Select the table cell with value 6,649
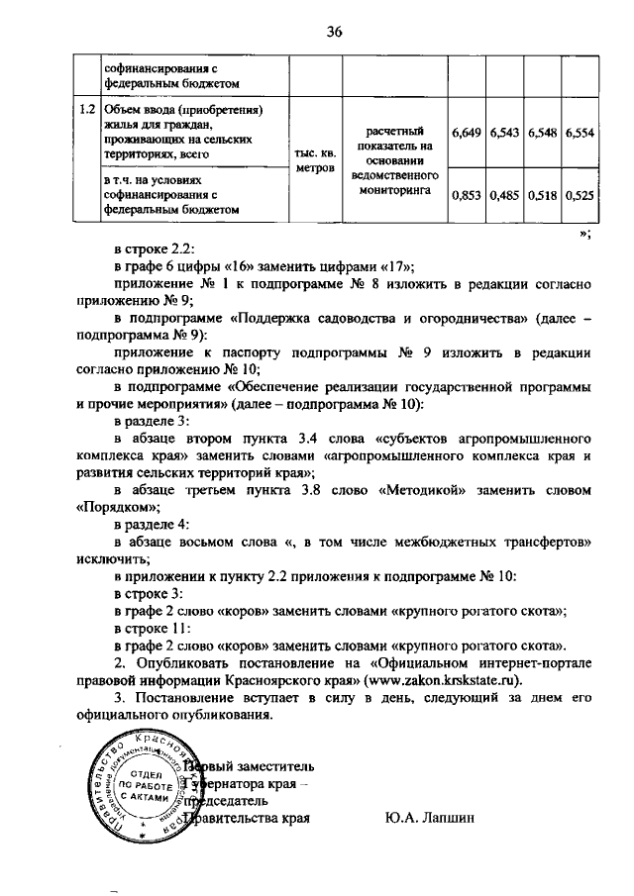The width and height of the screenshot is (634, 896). coord(466,133)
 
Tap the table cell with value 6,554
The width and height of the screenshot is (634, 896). coord(580,133)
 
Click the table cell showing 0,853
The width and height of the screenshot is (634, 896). coord(466,196)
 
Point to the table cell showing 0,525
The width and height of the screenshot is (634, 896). coord(580,196)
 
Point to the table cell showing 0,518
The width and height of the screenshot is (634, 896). coord(543,196)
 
